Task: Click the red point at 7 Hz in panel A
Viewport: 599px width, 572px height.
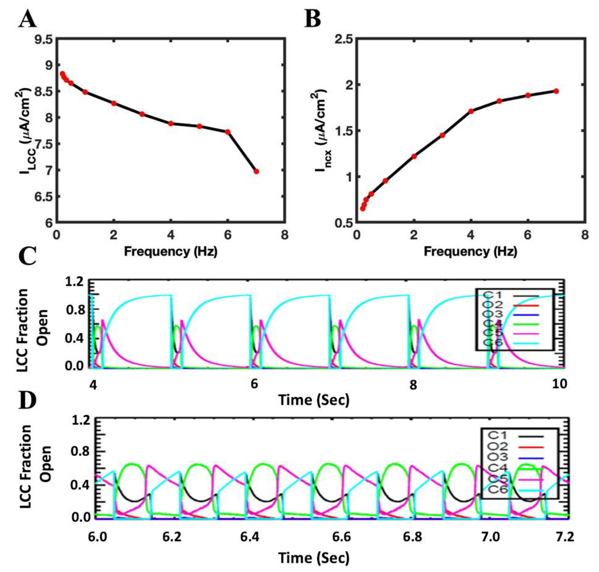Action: coord(256,171)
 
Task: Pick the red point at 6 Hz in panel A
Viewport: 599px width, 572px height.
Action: coord(227,132)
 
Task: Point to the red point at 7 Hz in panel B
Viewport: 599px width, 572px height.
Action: coord(556,91)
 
